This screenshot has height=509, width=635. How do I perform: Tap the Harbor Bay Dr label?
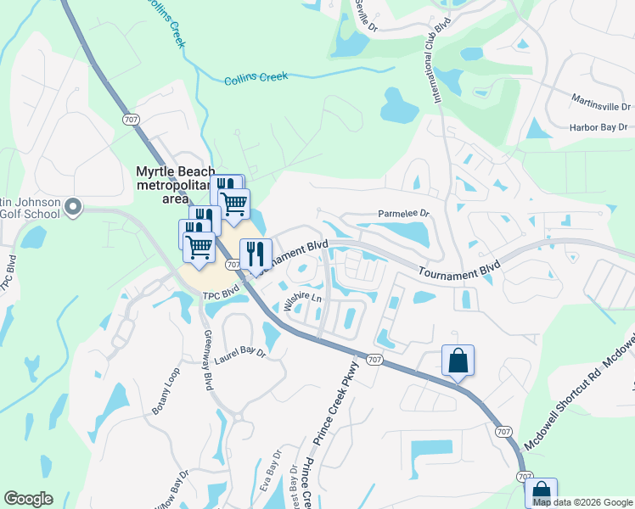[x=598, y=127]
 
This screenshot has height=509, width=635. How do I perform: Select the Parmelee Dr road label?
[x=404, y=215]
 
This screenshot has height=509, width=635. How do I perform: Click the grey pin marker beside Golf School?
[x=73, y=206]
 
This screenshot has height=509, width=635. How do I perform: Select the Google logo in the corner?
[x=28, y=499]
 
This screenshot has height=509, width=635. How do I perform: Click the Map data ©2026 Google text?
[x=582, y=502]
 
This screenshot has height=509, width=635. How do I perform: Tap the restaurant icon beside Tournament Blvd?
[x=256, y=254]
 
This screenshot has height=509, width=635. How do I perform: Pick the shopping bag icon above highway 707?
[x=458, y=361]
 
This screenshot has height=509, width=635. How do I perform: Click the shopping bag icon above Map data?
[x=541, y=492]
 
